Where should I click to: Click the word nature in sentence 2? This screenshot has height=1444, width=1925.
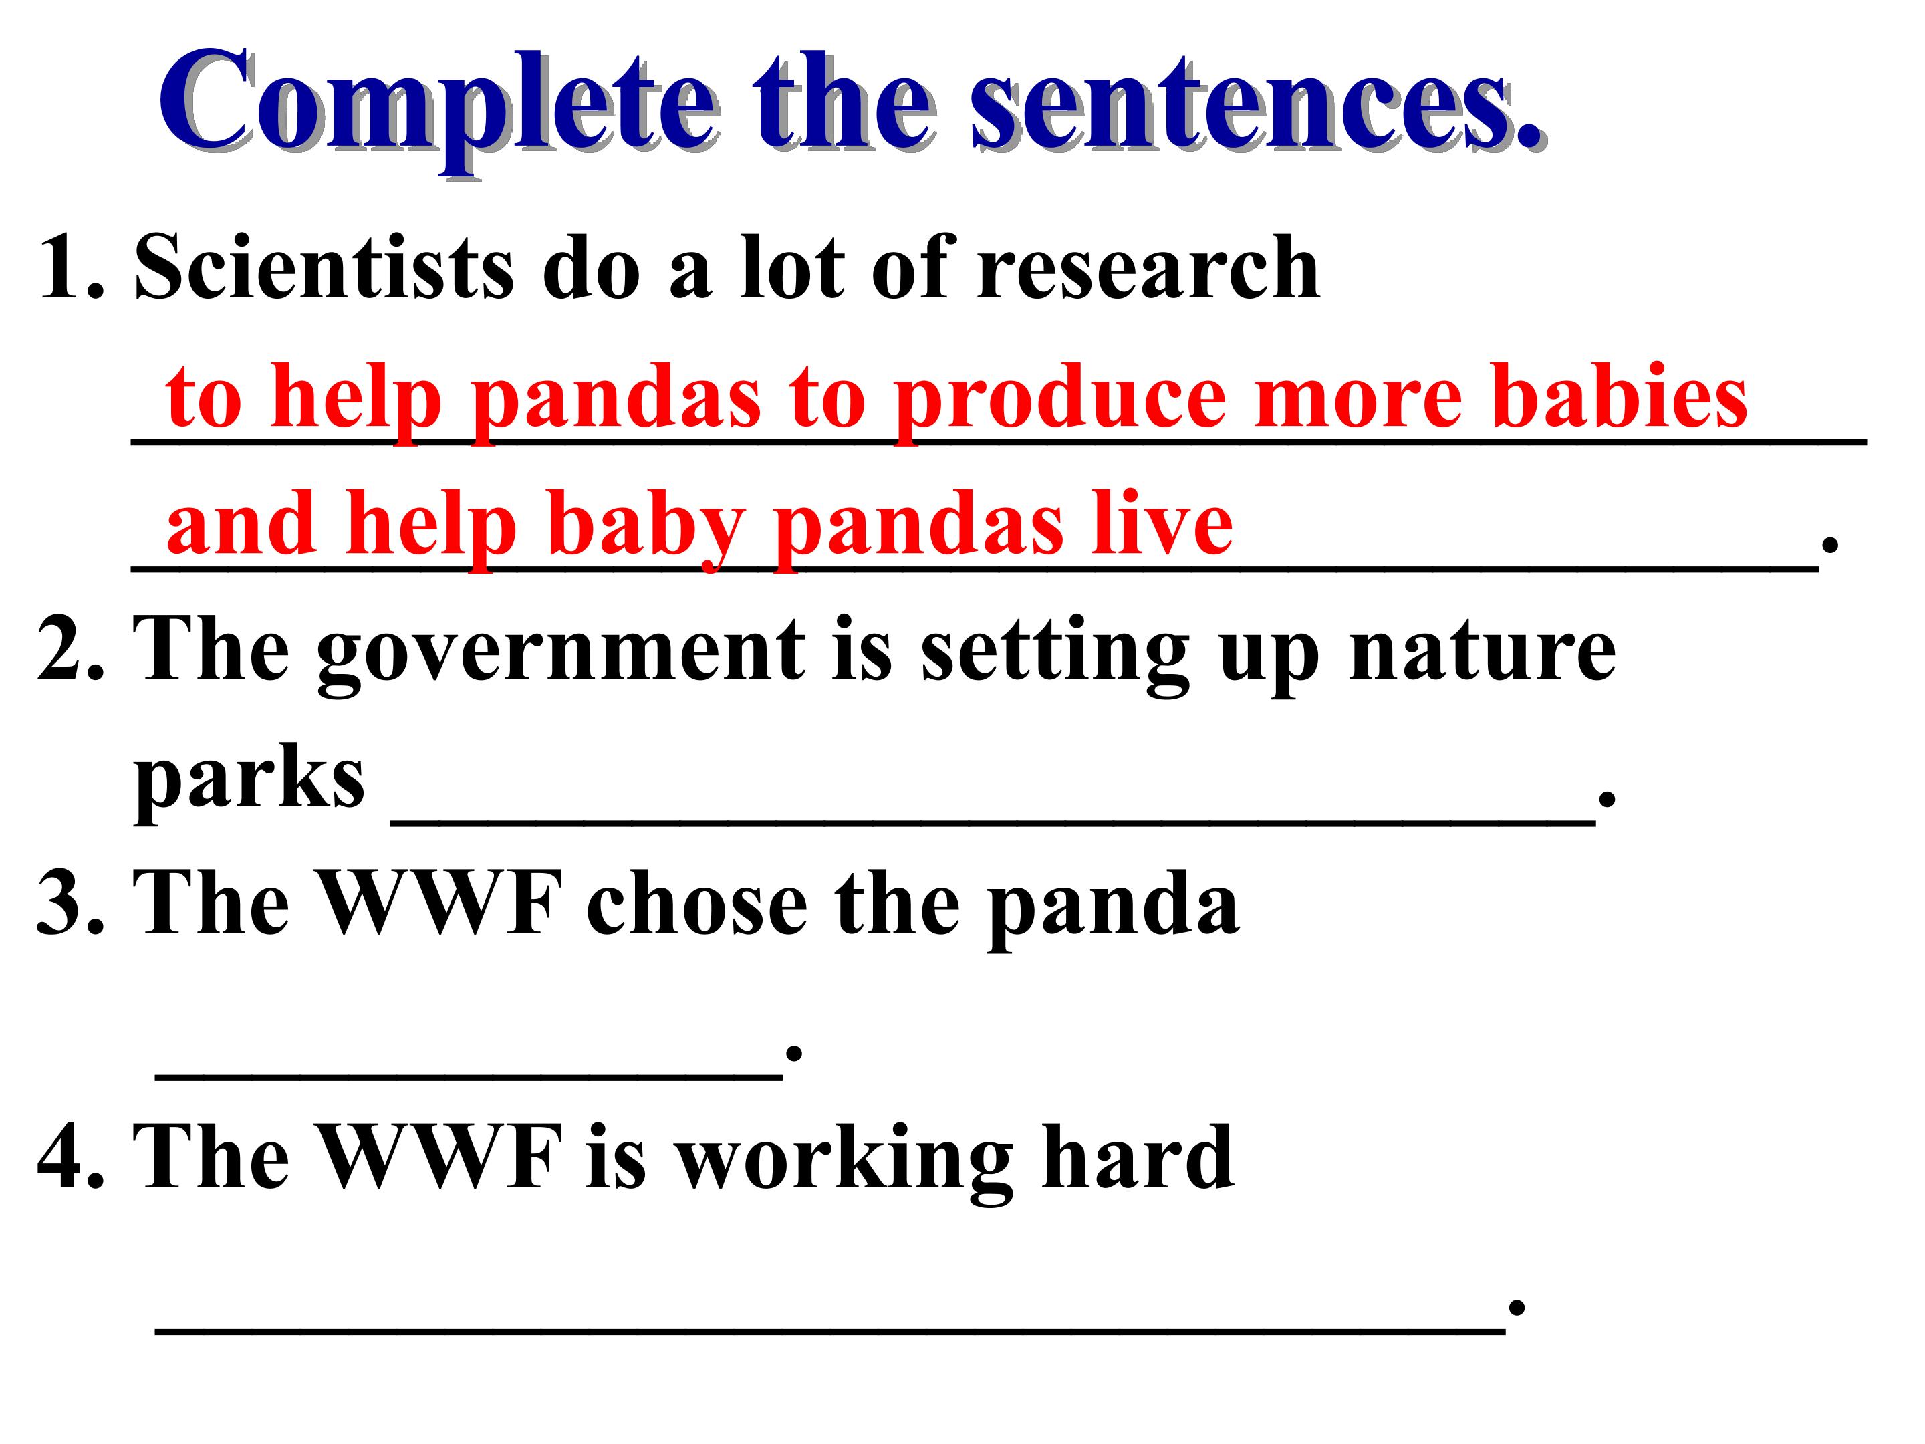point(1482,652)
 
